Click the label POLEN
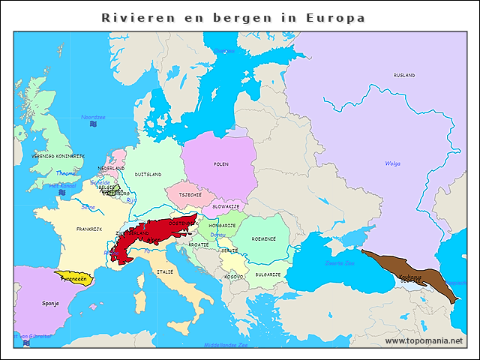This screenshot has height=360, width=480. [220, 163]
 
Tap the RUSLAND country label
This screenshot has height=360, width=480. [403, 76]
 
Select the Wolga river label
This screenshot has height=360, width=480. [392, 163]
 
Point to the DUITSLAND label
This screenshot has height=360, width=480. [148, 174]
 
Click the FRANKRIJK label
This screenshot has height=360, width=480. [88, 229]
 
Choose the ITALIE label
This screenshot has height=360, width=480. [165, 271]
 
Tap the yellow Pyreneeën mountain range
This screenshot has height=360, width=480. [74, 277]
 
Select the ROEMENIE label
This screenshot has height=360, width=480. [264, 238]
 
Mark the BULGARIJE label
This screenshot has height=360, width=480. [268, 274]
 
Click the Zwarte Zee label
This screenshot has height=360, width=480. [339, 263]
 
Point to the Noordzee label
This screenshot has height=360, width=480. [93, 117]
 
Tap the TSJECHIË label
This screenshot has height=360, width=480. [190, 194]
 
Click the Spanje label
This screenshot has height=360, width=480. [50, 305]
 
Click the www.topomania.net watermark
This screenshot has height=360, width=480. [424, 340]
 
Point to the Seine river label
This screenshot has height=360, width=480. [88, 206]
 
